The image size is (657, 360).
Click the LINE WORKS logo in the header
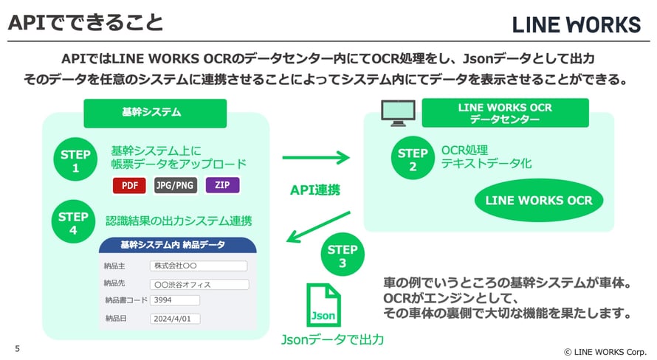pyautogui.click(x=577, y=25)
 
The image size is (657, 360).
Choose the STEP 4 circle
pyautogui.click(x=73, y=224)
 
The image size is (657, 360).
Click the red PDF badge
pyautogui.click(x=129, y=185)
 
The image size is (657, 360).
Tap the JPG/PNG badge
pyautogui.click(x=176, y=185)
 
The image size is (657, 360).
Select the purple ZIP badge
pyautogui.click(x=222, y=185)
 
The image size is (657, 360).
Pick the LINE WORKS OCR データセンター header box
pyautogui.click(x=505, y=113)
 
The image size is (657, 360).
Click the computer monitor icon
pyautogui.click(x=396, y=112)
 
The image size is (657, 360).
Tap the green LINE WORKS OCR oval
pyautogui.click(x=538, y=200)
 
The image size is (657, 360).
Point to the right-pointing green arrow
pyautogui.click(x=316, y=156)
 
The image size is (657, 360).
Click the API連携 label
pyautogui.click(x=315, y=190)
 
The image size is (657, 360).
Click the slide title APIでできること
pyautogui.click(x=85, y=22)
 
